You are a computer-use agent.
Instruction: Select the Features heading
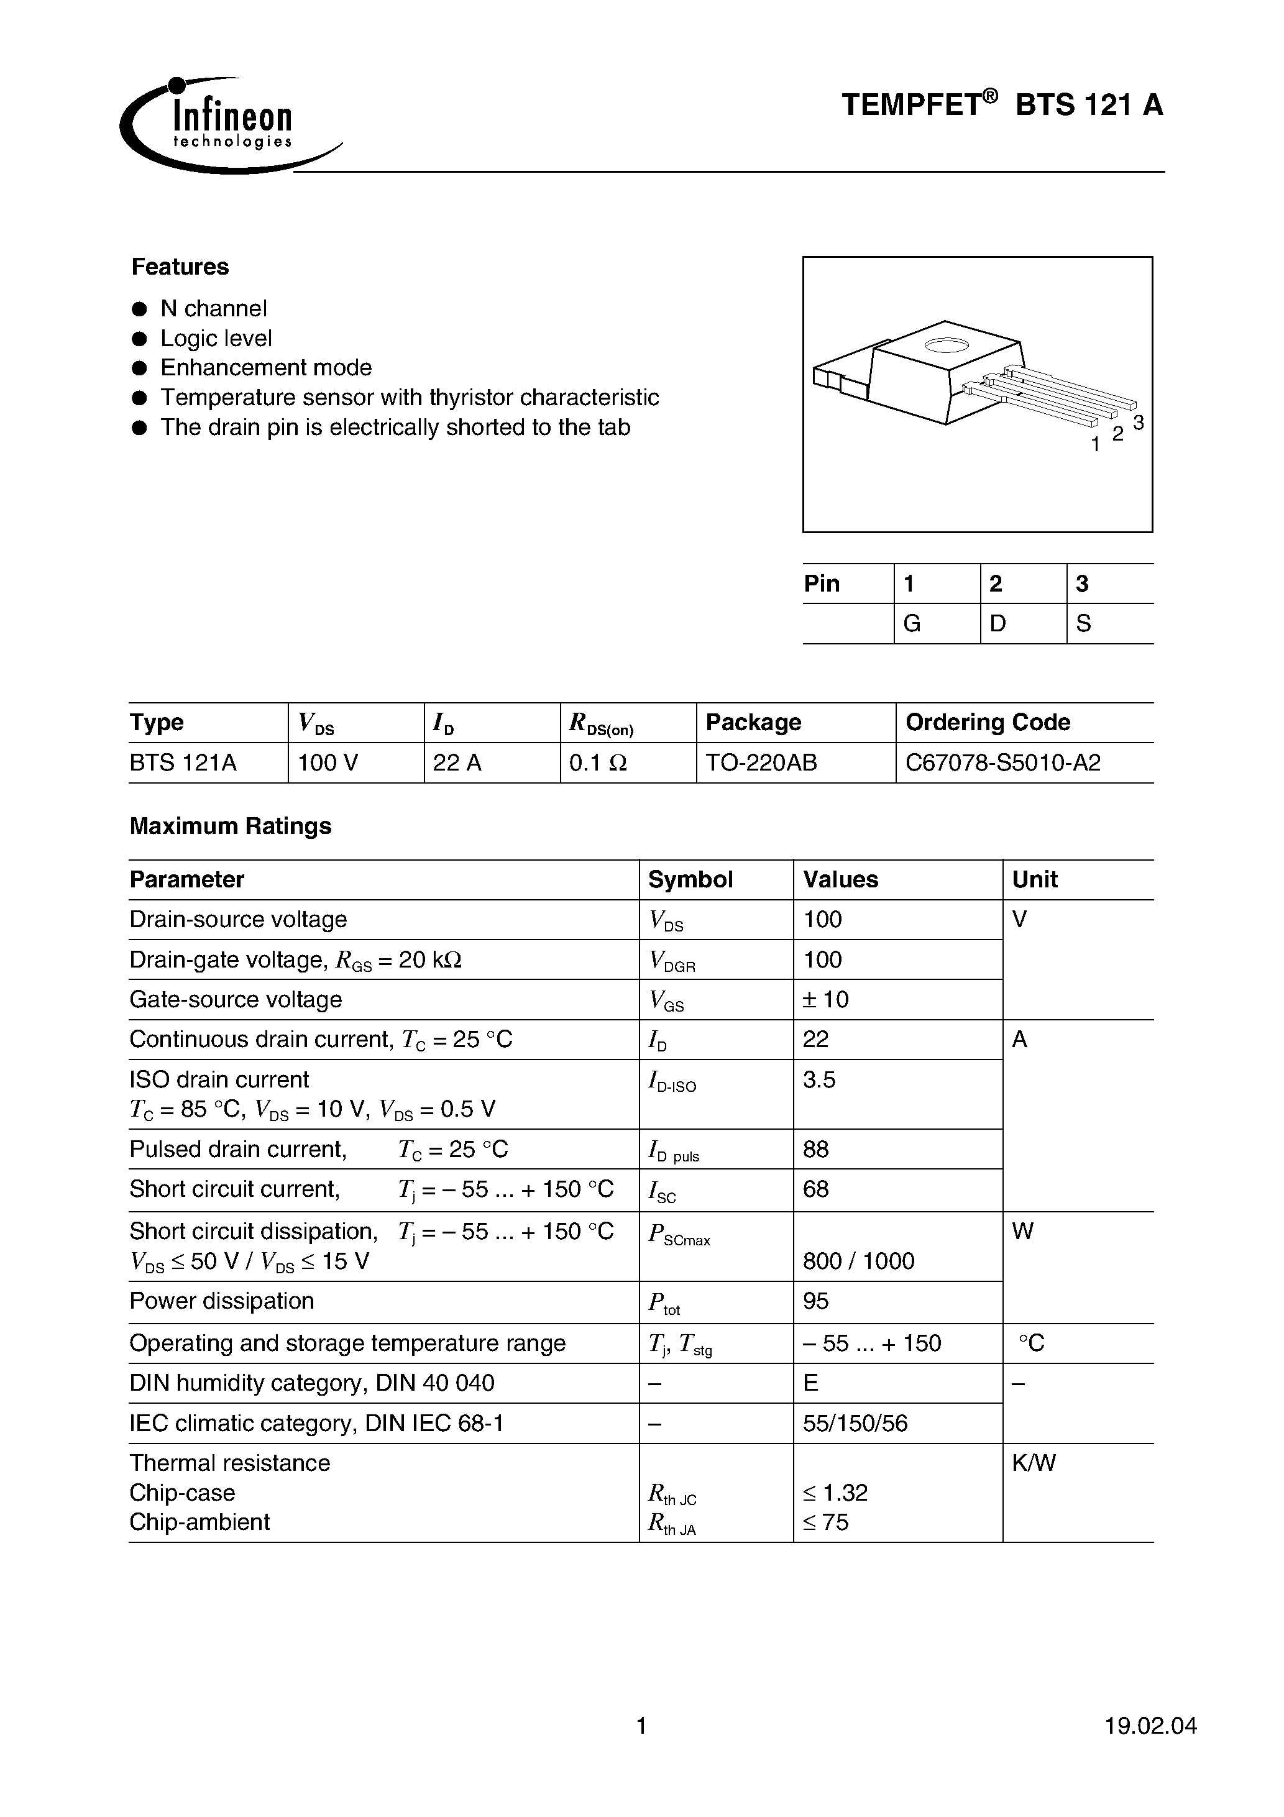(180, 267)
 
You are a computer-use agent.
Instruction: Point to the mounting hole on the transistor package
(947, 345)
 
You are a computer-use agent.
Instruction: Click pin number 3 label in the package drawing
(1139, 423)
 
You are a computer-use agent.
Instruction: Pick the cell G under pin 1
(912, 624)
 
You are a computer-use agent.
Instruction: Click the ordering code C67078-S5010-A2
(1003, 763)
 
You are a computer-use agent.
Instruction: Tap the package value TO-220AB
(761, 763)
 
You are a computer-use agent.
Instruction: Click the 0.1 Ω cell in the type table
(598, 763)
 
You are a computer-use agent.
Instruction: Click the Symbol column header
(690, 879)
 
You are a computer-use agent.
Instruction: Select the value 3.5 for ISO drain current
(819, 1079)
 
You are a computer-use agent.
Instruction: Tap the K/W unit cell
(1034, 1462)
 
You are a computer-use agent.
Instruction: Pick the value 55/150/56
(855, 1423)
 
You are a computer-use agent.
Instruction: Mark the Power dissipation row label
(222, 1301)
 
